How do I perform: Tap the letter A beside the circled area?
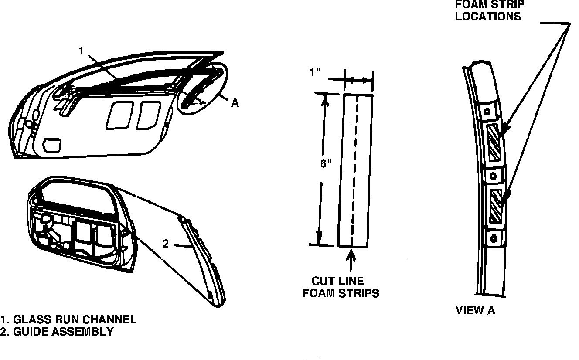coord(235,103)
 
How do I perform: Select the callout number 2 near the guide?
coord(166,244)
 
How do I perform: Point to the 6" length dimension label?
coord(326,164)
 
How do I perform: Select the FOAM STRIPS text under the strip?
coord(341,293)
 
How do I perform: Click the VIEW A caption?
coord(475,310)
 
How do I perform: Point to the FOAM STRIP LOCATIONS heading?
coord(489,10)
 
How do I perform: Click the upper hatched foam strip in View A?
coord(495,142)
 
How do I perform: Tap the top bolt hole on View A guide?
coord(487,111)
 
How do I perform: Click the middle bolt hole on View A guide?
coord(493,176)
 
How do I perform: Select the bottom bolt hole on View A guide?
coord(494,238)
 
